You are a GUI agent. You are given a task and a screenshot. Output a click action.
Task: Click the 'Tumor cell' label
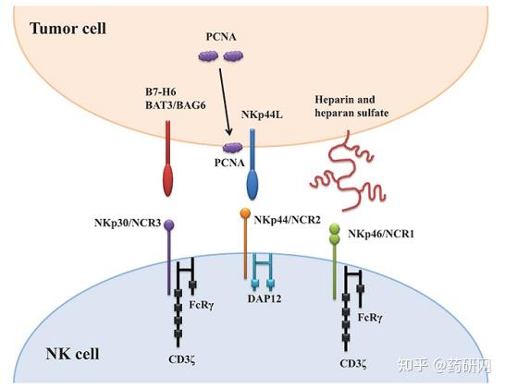coord(68,29)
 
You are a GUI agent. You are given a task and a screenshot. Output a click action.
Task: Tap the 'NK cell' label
coord(72,354)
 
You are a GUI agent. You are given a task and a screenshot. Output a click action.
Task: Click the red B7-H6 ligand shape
coord(168,158)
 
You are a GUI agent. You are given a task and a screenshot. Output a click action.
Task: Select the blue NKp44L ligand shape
coord(252,164)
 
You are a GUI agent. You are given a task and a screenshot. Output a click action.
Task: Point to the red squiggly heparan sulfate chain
coord(346,171)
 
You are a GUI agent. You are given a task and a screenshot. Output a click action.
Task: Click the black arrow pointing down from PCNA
coord(225,102)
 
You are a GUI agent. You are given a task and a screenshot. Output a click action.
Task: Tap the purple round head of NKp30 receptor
coord(169,224)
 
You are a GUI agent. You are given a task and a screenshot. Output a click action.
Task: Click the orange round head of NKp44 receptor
coord(245,212)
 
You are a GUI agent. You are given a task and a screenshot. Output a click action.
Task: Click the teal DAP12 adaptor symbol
coord(263,271)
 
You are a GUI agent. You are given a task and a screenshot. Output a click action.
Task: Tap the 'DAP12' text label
coord(265,298)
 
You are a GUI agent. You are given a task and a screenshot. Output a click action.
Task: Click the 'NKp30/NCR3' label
coord(128,223)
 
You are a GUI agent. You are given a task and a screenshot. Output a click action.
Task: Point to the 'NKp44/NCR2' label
coord(288,220)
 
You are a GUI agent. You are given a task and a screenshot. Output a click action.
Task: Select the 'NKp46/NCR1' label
coord(381,234)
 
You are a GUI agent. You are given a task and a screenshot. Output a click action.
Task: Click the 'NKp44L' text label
coord(262,115)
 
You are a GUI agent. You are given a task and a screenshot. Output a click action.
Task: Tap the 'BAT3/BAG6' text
coord(175,105)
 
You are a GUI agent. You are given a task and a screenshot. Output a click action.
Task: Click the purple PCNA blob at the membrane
coord(233,148)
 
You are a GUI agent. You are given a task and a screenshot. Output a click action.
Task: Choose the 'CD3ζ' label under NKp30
coord(182,359)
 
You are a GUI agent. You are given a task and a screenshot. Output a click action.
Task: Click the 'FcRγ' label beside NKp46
coord(370,318)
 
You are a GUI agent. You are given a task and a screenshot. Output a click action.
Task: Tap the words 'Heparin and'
coord(345,100)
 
